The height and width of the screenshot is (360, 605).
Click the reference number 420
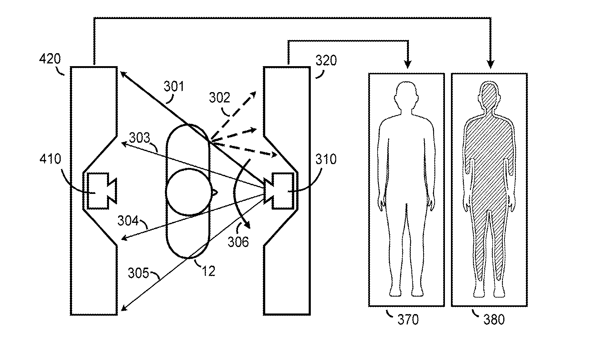tap(50, 59)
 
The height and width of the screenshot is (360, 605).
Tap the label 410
tap(50, 159)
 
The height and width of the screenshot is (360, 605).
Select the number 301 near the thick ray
tap(174, 87)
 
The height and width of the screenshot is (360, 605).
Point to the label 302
tap(220, 98)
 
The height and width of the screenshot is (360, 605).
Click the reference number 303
tap(140, 138)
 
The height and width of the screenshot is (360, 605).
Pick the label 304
tap(128, 221)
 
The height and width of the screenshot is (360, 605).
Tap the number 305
tap(139, 273)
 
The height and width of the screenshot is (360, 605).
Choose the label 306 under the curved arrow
tap(238, 242)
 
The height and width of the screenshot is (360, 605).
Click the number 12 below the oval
tap(208, 271)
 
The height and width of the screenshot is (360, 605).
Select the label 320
tap(326, 61)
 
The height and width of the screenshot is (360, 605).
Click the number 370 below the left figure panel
tap(408, 320)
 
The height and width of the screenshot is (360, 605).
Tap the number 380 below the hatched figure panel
tap(494, 320)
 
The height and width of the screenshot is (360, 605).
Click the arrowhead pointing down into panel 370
tap(408, 64)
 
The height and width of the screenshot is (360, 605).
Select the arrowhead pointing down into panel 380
tap(490, 64)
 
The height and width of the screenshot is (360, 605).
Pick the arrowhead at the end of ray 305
tap(124, 307)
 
